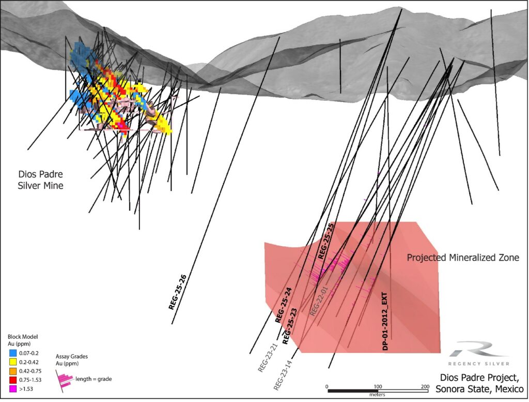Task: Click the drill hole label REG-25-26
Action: (177, 292)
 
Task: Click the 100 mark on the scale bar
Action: (378, 386)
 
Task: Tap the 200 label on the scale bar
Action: (425, 386)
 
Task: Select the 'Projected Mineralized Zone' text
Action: (463, 257)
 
